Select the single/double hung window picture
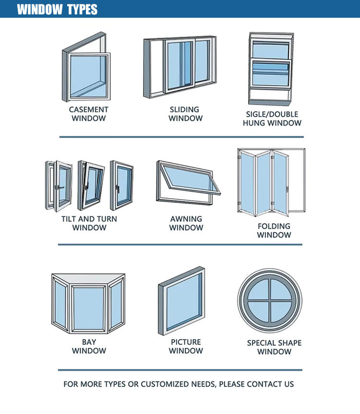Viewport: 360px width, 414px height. tap(270, 68)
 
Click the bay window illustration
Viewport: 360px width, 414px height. tap(88, 303)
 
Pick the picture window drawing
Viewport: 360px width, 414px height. tap(181, 301)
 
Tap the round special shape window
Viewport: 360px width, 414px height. tap(270, 300)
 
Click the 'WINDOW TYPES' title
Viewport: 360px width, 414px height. tap(57, 9)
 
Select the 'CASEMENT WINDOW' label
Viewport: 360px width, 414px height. tap(89, 114)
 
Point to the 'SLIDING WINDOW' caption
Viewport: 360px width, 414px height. tap(185, 114)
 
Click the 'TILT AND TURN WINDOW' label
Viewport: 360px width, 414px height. tap(89, 223)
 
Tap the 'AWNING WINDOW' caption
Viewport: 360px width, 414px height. tap(186, 223)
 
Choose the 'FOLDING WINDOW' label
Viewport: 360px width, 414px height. tap(274, 230)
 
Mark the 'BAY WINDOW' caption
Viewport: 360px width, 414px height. tap(89, 346)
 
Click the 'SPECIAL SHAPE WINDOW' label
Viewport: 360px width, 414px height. tap(274, 347)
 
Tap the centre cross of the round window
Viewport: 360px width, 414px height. tap(270, 300)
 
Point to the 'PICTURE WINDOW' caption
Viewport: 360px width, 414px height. tap(186, 346)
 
